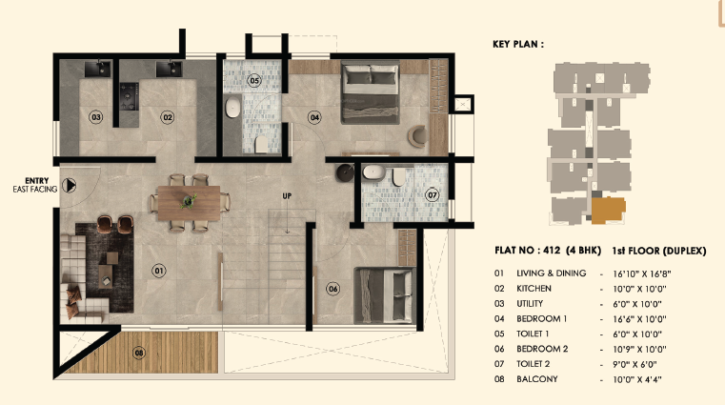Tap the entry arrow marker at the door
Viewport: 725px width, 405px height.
[x=68, y=185]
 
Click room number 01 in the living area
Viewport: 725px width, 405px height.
[x=159, y=270]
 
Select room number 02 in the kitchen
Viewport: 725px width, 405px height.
[x=168, y=117]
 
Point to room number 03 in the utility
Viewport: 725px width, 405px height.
[x=95, y=117]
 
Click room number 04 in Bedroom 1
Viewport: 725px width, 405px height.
[x=314, y=117]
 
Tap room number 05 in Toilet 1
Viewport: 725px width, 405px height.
[x=254, y=81]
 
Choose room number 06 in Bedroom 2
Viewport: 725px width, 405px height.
[x=332, y=289]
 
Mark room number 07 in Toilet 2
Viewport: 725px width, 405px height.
[x=432, y=194]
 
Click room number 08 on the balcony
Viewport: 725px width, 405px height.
[x=140, y=354]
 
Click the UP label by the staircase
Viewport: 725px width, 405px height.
[x=286, y=196]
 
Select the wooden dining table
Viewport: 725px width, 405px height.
[x=191, y=200]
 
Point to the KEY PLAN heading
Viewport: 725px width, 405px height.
[x=519, y=44]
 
